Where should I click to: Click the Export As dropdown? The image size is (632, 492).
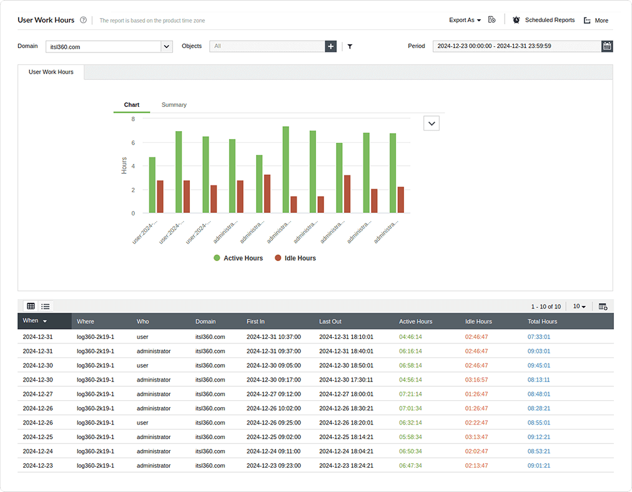(x=465, y=20)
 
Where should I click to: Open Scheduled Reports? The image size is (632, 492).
(x=543, y=20)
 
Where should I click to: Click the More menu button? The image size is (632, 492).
(x=596, y=21)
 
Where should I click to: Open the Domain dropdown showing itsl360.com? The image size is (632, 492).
(x=166, y=46)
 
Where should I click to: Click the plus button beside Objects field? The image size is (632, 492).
(x=331, y=46)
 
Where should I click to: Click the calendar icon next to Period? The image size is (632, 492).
(x=607, y=46)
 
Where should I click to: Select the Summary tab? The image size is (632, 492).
(x=174, y=105)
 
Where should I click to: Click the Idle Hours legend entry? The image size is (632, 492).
(x=297, y=258)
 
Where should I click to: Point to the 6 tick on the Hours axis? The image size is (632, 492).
(x=132, y=142)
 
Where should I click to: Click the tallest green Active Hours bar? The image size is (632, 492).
(x=285, y=170)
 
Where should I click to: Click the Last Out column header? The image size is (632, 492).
(x=330, y=322)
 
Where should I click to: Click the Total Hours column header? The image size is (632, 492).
(x=542, y=322)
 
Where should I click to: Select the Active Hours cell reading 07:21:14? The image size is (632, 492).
(x=410, y=394)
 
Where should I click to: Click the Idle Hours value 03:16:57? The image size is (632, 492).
(x=476, y=380)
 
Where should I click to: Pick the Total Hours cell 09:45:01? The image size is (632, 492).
(x=539, y=365)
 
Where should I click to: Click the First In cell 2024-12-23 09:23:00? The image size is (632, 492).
(x=274, y=465)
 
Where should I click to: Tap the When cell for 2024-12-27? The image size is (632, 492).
(x=37, y=394)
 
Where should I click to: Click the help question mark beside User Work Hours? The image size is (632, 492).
(x=83, y=20)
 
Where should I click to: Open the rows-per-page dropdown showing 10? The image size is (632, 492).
(x=580, y=307)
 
